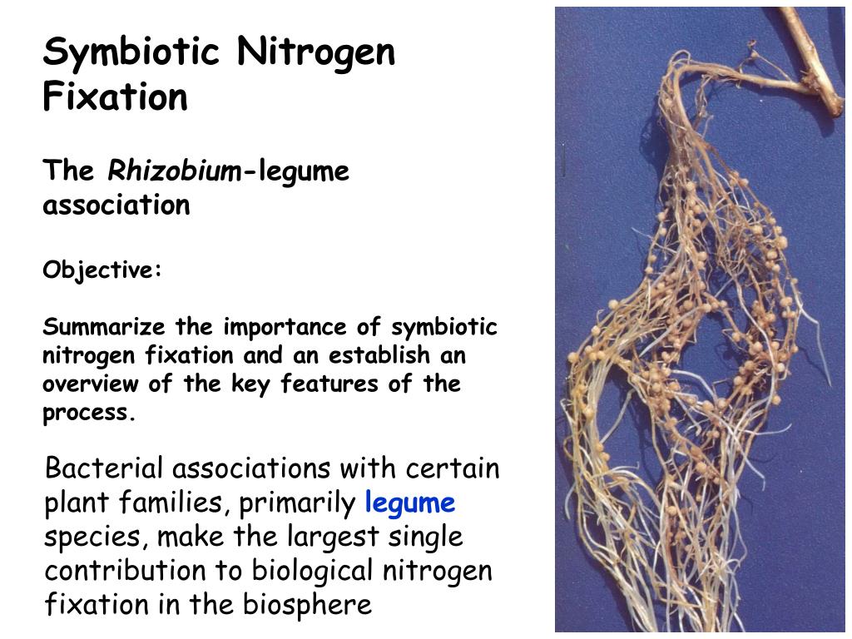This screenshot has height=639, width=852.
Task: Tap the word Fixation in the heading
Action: (x=116, y=97)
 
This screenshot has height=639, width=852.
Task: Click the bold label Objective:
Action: (x=102, y=270)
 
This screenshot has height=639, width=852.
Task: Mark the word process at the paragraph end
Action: (x=87, y=414)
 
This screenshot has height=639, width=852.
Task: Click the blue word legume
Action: (x=409, y=503)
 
